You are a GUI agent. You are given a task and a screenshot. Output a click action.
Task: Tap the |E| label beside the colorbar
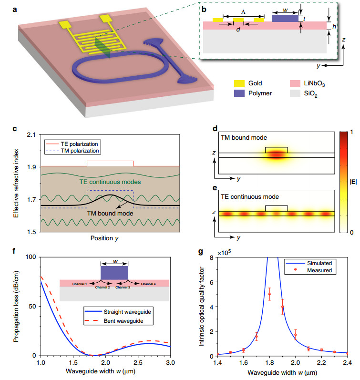351,181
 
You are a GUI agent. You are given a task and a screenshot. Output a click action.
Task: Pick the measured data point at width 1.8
269,294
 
